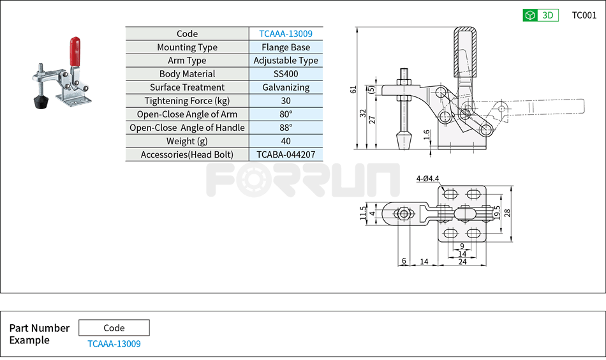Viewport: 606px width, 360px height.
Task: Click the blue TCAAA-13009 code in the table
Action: click(x=286, y=34)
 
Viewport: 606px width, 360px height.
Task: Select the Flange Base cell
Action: click(x=286, y=47)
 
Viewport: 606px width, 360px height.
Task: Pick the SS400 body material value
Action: click(x=286, y=74)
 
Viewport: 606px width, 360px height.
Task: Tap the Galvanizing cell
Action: click(x=286, y=87)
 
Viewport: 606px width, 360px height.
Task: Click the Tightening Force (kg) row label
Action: click(x=187, y=101)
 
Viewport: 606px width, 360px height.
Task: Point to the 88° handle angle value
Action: click(x=286, y=128)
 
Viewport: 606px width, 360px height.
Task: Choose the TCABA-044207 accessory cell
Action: click(x=286, y=154)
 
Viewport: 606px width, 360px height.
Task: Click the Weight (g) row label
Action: click(x=187, y=141)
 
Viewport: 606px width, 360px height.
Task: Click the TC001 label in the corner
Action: click(x=584, y=15)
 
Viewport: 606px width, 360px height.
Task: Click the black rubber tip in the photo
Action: click(x=41, y=101)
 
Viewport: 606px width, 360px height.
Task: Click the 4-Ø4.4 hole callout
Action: click(x=427, y=179)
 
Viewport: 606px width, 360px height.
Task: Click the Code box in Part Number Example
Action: click(x=114, y=328)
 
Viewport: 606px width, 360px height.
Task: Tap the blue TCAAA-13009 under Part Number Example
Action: click(x=114, y=344)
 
